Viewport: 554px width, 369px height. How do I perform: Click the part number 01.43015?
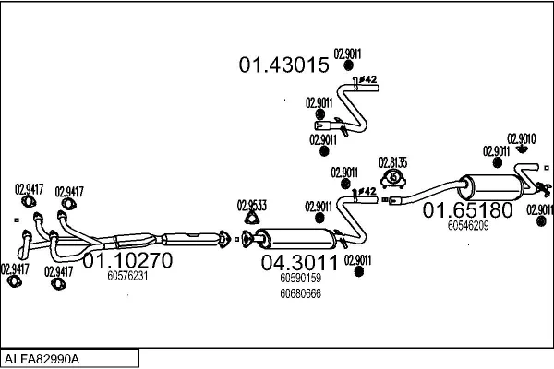click(283, 65)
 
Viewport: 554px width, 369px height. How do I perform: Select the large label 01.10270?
click(128, 261)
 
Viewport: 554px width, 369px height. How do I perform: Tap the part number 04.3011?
click(297, 263)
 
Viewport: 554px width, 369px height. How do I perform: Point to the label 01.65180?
click(467, 211)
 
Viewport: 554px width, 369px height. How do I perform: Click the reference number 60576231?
click(127, 275)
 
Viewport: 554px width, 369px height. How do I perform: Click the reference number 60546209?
click(468, 224)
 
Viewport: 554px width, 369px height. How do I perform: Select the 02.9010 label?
click(522, 137)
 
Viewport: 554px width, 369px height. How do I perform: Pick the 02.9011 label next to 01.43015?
click(346, 54)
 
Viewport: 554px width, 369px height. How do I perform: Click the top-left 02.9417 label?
click(28, 190)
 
